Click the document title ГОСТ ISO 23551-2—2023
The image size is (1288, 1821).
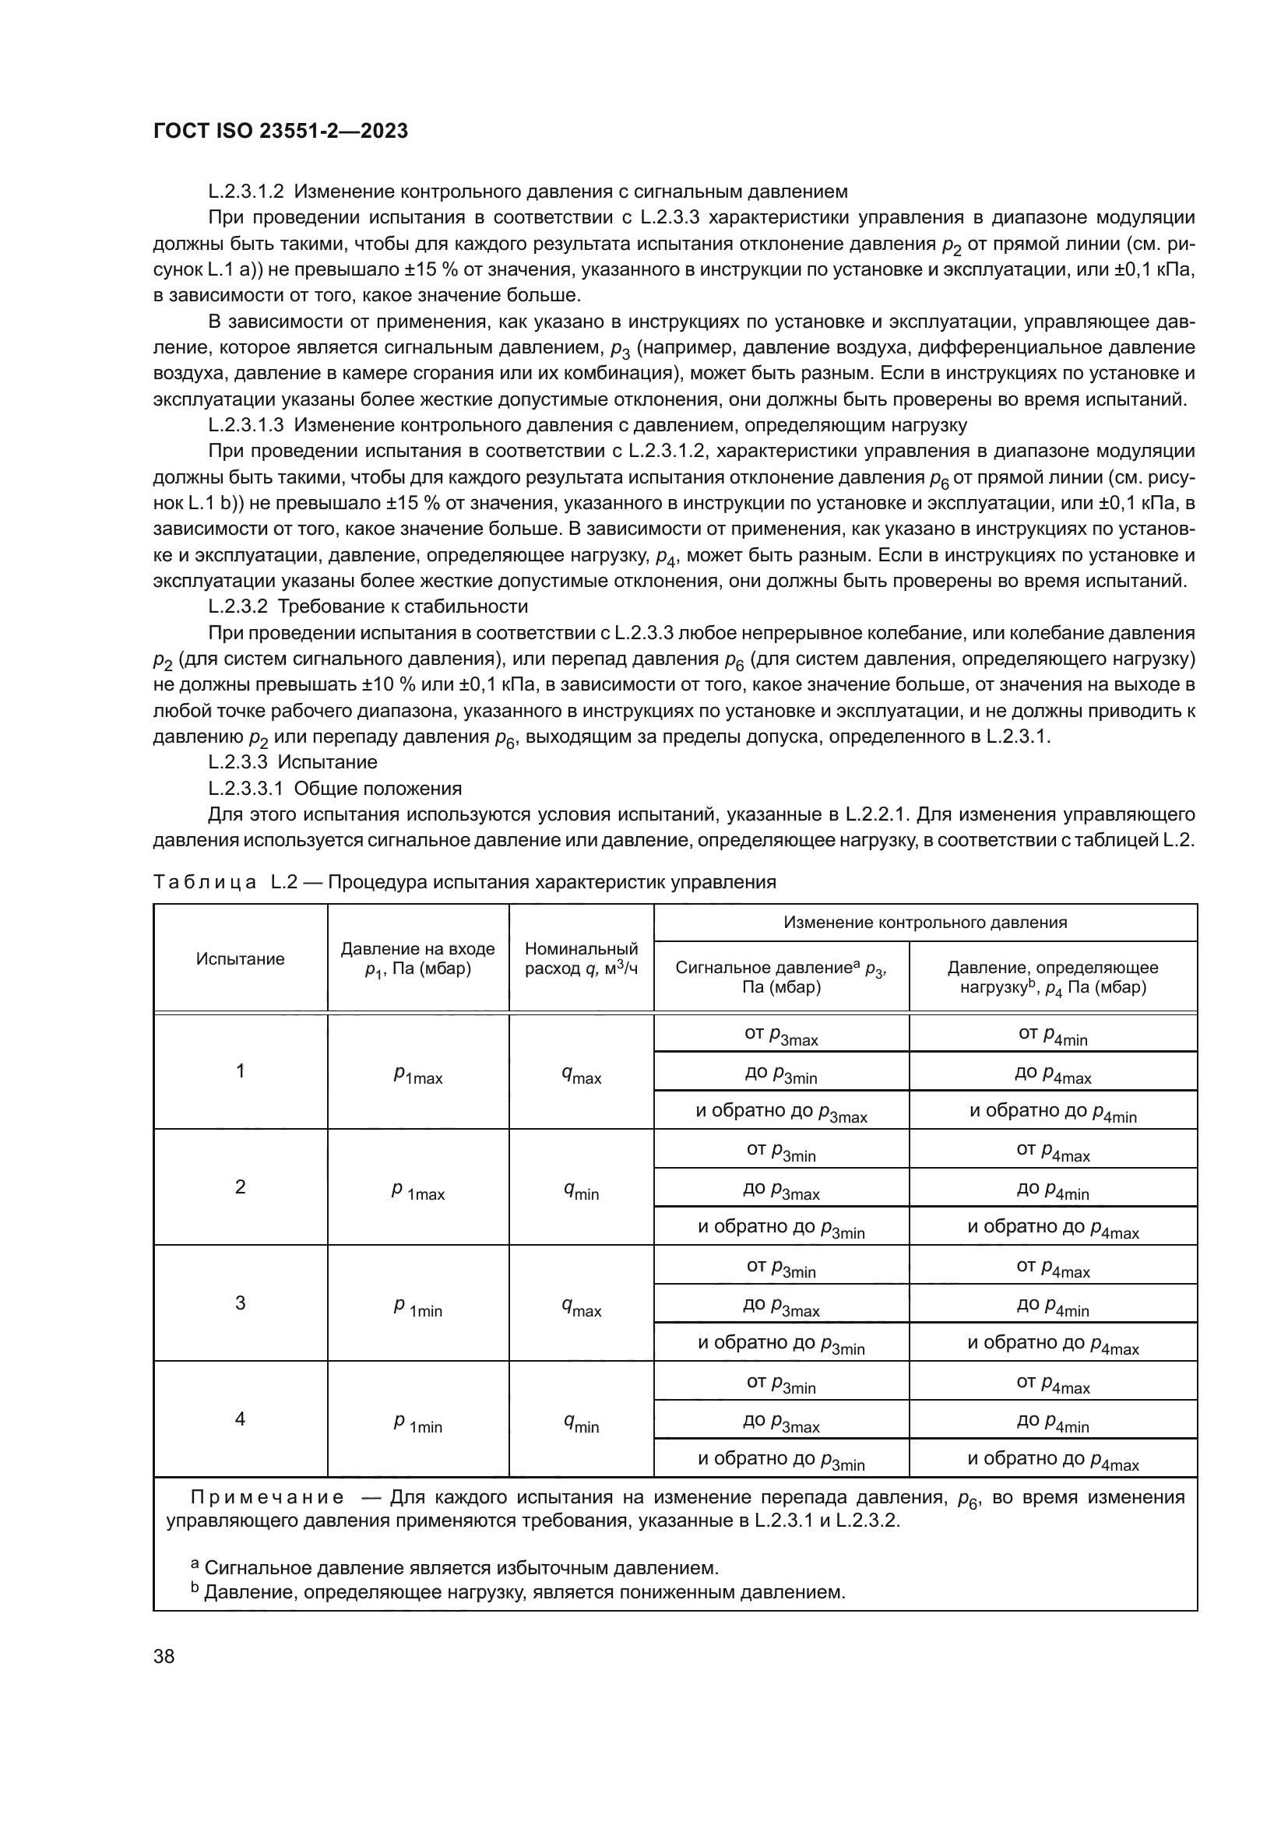pos(280,131)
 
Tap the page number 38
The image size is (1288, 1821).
pos(164,1656)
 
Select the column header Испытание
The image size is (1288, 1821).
pos(240,959)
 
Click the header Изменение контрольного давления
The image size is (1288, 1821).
pos(925,923)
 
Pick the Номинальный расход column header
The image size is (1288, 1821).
pos(581,959)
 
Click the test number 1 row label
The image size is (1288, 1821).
pos(240,1070)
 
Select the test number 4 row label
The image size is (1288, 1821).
pos(240,1419)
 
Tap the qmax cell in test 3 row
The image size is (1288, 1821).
pos(581,1305)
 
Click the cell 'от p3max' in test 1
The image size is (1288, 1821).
pos(780,1034)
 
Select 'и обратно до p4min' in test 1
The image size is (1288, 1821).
pos(1053,1111)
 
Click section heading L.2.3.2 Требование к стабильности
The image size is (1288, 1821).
pos(368,606)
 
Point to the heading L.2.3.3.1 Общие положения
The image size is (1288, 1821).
pos(335,789)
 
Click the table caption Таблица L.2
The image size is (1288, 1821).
pos(464,882)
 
